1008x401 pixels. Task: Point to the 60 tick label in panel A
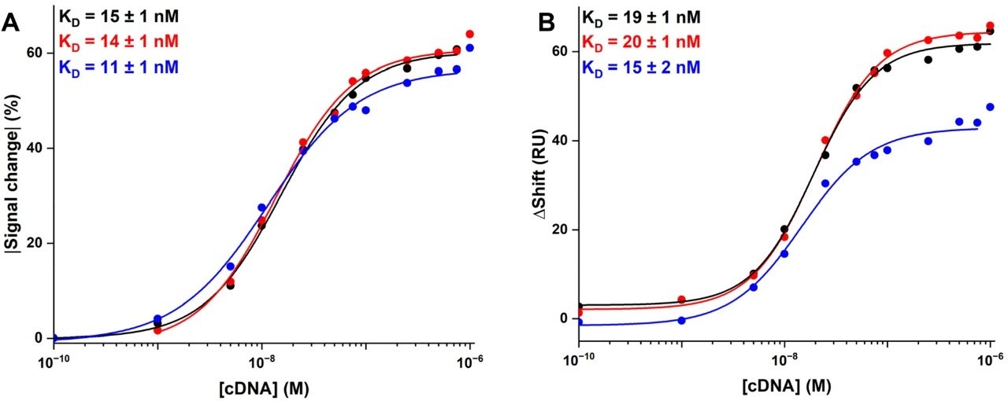35,53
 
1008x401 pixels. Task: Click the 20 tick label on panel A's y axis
35,243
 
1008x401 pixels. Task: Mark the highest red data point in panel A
469,35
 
